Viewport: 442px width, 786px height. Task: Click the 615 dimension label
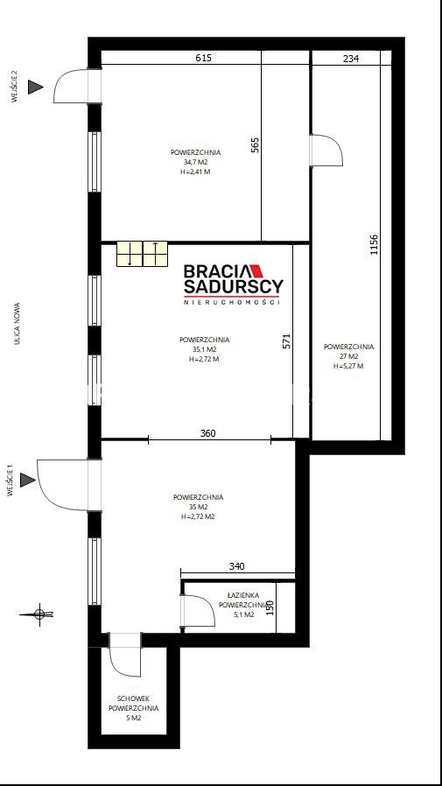203,58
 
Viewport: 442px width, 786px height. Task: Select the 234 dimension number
351,59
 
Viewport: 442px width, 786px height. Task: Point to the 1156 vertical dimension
374,245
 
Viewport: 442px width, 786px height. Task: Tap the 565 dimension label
255,144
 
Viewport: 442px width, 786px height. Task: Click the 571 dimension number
286,341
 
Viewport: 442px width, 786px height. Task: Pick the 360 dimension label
207,433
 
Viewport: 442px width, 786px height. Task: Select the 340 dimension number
236,566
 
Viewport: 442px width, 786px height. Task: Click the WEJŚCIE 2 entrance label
15,87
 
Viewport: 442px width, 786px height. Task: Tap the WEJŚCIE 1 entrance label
10,481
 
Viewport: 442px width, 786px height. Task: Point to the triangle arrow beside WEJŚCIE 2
35,87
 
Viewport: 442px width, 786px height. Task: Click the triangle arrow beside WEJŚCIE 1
27,481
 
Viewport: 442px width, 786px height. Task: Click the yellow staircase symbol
143,254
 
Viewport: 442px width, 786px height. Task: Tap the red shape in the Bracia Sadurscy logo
256,270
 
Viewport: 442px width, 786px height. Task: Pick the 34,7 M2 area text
195,162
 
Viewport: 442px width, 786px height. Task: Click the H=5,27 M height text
348,366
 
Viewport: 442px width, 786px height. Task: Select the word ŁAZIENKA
243,595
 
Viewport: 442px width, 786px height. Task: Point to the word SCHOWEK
133,698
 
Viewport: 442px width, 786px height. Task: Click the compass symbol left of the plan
39,614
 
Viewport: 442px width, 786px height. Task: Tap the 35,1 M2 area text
204,349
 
